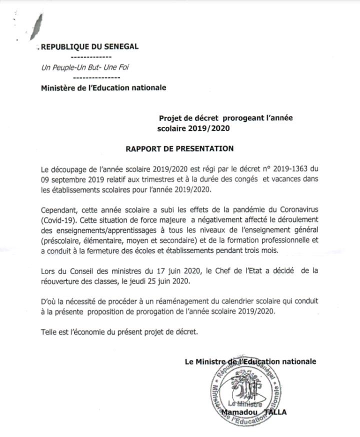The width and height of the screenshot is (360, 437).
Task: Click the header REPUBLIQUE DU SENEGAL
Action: [89, 47]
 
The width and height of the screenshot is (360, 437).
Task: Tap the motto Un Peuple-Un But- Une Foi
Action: [85, 68]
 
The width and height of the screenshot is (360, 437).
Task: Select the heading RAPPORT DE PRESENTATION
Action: [179, 148]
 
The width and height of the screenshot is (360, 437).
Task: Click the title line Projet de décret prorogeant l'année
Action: [225, 118]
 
